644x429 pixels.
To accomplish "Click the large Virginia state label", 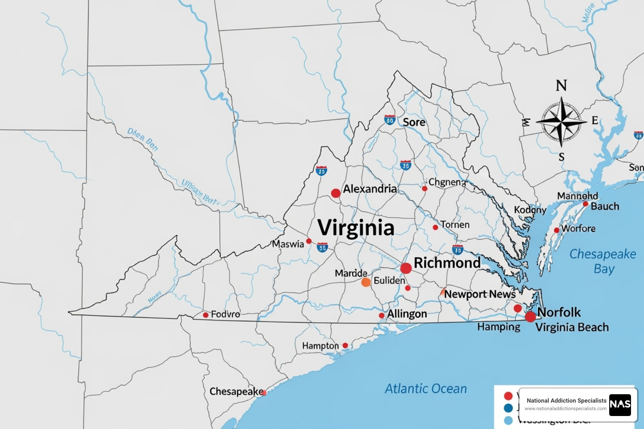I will pyautogui.click(x=356, y=228).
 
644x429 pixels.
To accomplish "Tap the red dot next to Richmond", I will pyautogui.click(x=405, y=268).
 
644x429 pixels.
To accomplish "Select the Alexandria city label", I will pyautogui.click(x=370, y=189).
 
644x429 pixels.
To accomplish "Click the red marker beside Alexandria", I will pyautogui.click(x=335, y=193).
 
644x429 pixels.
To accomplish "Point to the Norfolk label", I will pyautogui.click(x=559, y=312).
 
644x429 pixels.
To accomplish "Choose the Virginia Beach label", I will pyautogui.click(x=572, y=327).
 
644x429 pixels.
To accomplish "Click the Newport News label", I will pyautogui.click(x=480, y=294).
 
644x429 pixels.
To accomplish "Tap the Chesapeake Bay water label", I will pyautogui.click(x=602, y=261).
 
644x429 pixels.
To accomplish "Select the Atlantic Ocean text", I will pyautogui.click(x=426, y=389).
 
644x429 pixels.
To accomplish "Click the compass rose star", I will pyautogui.click(x=561, y=122).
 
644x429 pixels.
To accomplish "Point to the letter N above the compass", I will pyautogui.click(x=561, y=86).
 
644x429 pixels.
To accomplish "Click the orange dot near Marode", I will pyautogui.click(x=366, y=282).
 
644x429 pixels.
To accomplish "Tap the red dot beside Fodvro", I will pyautogui.click(x=205, y=315).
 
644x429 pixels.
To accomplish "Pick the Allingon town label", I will pyautogui.click(x=407, y=314).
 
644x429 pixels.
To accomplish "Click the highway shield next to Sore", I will pyautogui.click(x=390, y=120).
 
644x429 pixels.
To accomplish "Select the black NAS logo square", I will pyautogui.click(x=620, y=405).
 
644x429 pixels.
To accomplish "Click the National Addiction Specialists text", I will pyautogui.click(x=566, y=401).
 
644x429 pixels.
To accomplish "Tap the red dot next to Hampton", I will pyautogui.click(x=345, y=346).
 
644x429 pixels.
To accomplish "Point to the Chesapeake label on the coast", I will pyautogui.click(x=236, y=391).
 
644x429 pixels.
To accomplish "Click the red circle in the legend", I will pyautogui.click(x=508, y=396).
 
